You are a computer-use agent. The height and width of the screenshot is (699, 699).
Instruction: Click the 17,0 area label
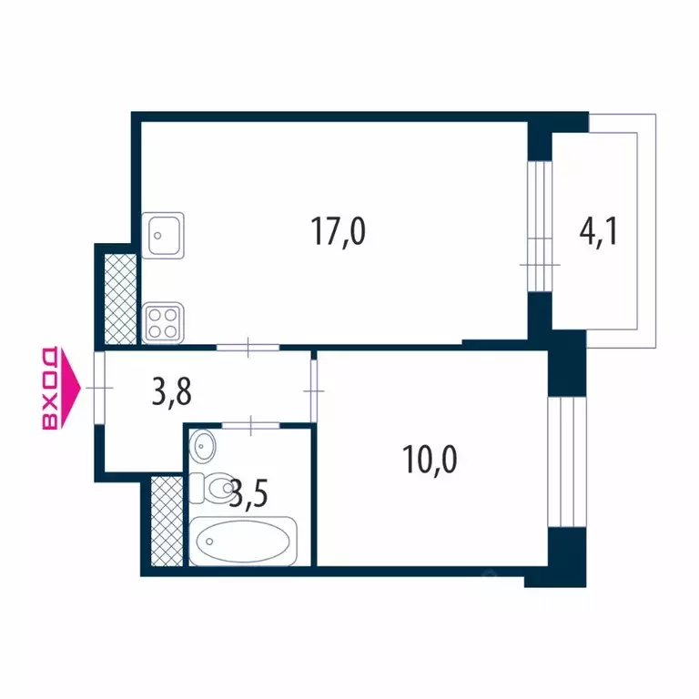tap(339, 233)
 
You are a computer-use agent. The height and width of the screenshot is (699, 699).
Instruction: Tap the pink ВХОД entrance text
tap(52, 388)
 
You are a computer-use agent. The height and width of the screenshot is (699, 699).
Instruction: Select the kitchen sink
tap(163, 235)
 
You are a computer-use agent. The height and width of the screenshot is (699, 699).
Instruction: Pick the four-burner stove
tap(163, 322)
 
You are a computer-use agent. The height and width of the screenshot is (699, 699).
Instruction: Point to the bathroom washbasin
tap(204, 446)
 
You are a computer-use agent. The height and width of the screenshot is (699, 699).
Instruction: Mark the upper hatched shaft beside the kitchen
tap(119, 298)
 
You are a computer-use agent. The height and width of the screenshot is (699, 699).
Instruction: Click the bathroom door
tap(249, 423)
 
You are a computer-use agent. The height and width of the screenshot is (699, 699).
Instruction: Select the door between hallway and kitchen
tap(248, 347)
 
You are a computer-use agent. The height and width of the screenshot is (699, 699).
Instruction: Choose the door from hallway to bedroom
tap(314, 390)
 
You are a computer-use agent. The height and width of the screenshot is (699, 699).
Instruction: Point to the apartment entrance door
tap(99, 389)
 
